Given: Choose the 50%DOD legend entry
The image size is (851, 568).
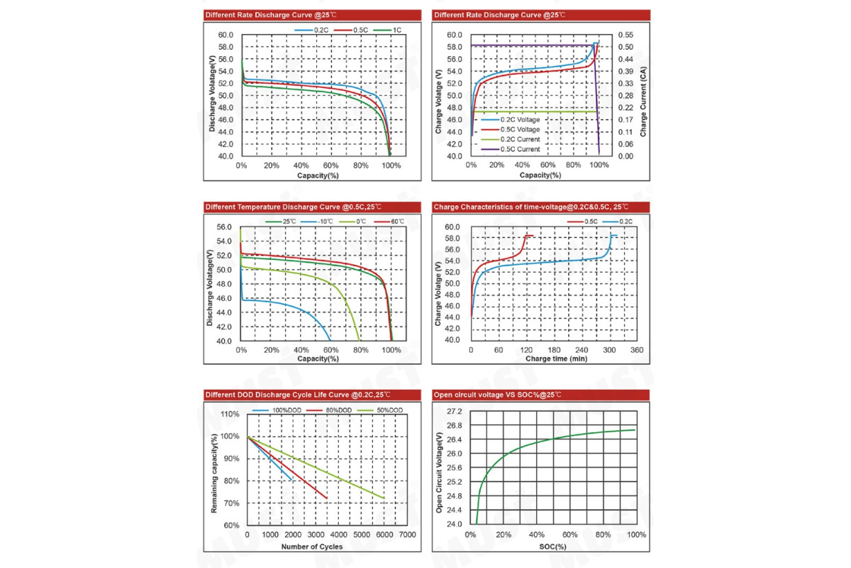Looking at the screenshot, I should [x=389, y=410].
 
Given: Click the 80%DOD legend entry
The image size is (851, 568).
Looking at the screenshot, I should [x=338, y=410].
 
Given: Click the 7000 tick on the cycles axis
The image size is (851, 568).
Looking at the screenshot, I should [x=407, y=534].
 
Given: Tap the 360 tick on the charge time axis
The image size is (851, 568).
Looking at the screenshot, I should [x=636, y=350].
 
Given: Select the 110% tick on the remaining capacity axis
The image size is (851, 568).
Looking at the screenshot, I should [x=230, y=414].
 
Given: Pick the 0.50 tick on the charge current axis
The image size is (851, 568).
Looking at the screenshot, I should [x=625, y=47].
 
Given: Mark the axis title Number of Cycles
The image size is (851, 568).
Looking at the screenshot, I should [x=312, y=546].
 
